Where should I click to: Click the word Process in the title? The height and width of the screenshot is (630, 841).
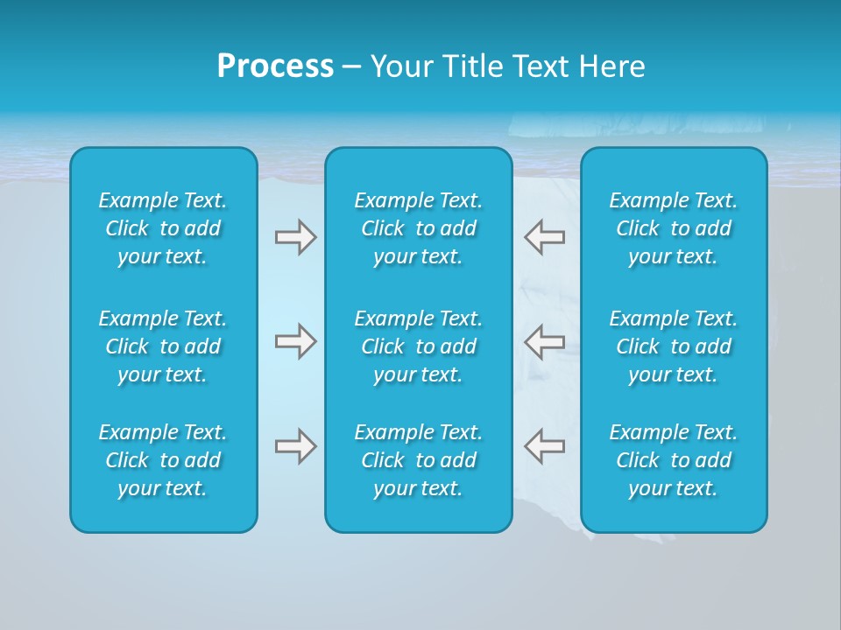coord(275,66)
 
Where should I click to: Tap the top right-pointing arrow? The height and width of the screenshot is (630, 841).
coord(295,237)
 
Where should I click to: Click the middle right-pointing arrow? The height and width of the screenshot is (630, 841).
coord(295,341)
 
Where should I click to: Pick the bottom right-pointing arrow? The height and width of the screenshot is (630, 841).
coord(295,446)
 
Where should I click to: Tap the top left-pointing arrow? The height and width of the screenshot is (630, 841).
coord(544,237)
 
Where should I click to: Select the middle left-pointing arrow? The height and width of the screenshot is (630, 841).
coord(544,341)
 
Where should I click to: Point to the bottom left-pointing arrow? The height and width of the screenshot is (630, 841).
coord(544,446)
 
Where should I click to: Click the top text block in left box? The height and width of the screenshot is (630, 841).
coord(163,228)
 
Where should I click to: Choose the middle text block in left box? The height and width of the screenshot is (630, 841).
coord(163,346)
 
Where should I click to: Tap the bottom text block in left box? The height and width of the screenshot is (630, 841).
coord(163,460)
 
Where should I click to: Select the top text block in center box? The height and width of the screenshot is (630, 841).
coord(418,228)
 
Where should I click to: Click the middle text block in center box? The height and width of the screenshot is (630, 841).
coord(418,346)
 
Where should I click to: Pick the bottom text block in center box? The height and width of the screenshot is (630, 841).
coord(418,460)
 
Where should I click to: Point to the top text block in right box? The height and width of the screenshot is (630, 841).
coord(673,228)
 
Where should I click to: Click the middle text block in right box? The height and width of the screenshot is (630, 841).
coord(673,346)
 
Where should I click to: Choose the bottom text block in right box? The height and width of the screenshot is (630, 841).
coord(673,460)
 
